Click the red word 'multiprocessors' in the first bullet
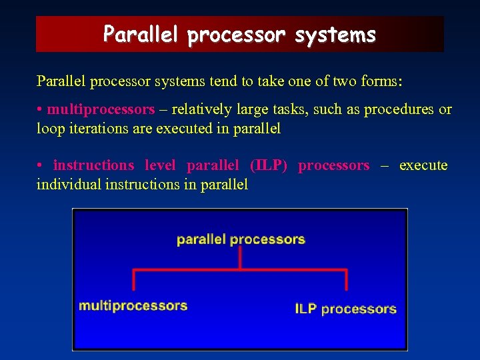(101, 109)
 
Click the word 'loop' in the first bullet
(49, 129)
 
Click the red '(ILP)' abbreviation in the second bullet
(269, 165)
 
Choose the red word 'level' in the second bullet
(161, 165)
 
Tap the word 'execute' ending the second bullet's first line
(423, 165)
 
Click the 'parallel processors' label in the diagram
(241, 239)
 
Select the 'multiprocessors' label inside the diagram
(133, 306)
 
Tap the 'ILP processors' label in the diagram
(345, 309)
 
